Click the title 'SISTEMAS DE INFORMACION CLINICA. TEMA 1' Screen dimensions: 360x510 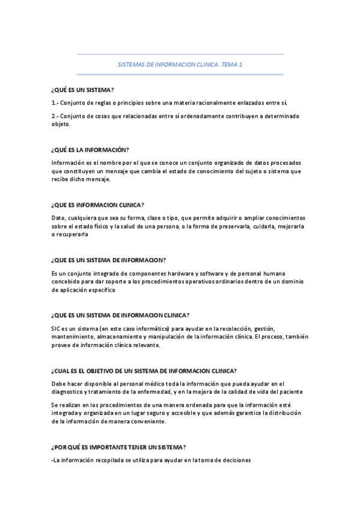coord(180,64)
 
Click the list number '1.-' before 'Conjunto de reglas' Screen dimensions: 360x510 coord(55,103)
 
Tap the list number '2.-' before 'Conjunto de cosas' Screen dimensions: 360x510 coord(55,115)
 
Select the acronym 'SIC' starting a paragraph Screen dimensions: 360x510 coord(56,329)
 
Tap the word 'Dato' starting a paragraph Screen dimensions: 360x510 coord(58,218)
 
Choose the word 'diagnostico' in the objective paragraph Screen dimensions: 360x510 coord(72,392)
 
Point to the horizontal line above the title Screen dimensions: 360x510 coord(180,54)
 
